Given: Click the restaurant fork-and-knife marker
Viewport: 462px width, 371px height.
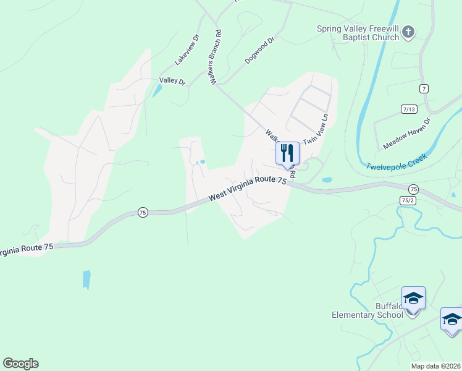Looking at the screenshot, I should coord(287,152).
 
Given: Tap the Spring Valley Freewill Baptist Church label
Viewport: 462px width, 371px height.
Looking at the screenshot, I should coord(358,33).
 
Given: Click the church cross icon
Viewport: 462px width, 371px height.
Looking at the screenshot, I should coord(408,32).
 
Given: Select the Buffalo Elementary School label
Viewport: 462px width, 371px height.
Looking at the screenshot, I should coord(367,310).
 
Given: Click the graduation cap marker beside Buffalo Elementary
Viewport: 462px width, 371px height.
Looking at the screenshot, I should coord(413,299).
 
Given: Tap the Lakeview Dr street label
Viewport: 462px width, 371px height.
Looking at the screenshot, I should coord(188,49).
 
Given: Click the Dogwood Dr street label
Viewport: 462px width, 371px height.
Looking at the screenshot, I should coord(259,51).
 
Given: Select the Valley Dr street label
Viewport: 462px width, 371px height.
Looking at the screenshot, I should coord(172,80).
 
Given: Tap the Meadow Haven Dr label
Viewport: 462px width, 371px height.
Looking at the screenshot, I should coord(406,133).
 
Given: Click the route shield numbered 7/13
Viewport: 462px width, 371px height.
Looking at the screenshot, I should coord(409,109).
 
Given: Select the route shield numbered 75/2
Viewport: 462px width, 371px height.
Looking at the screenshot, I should coord(408,200).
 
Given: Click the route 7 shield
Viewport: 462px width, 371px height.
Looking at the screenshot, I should coord(423,89).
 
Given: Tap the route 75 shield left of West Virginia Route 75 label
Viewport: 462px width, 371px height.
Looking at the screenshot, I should coord(143,211).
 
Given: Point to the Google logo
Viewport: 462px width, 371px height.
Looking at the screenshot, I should coord(20,364).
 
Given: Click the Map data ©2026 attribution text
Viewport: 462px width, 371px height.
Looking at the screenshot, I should coord(435,366).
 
